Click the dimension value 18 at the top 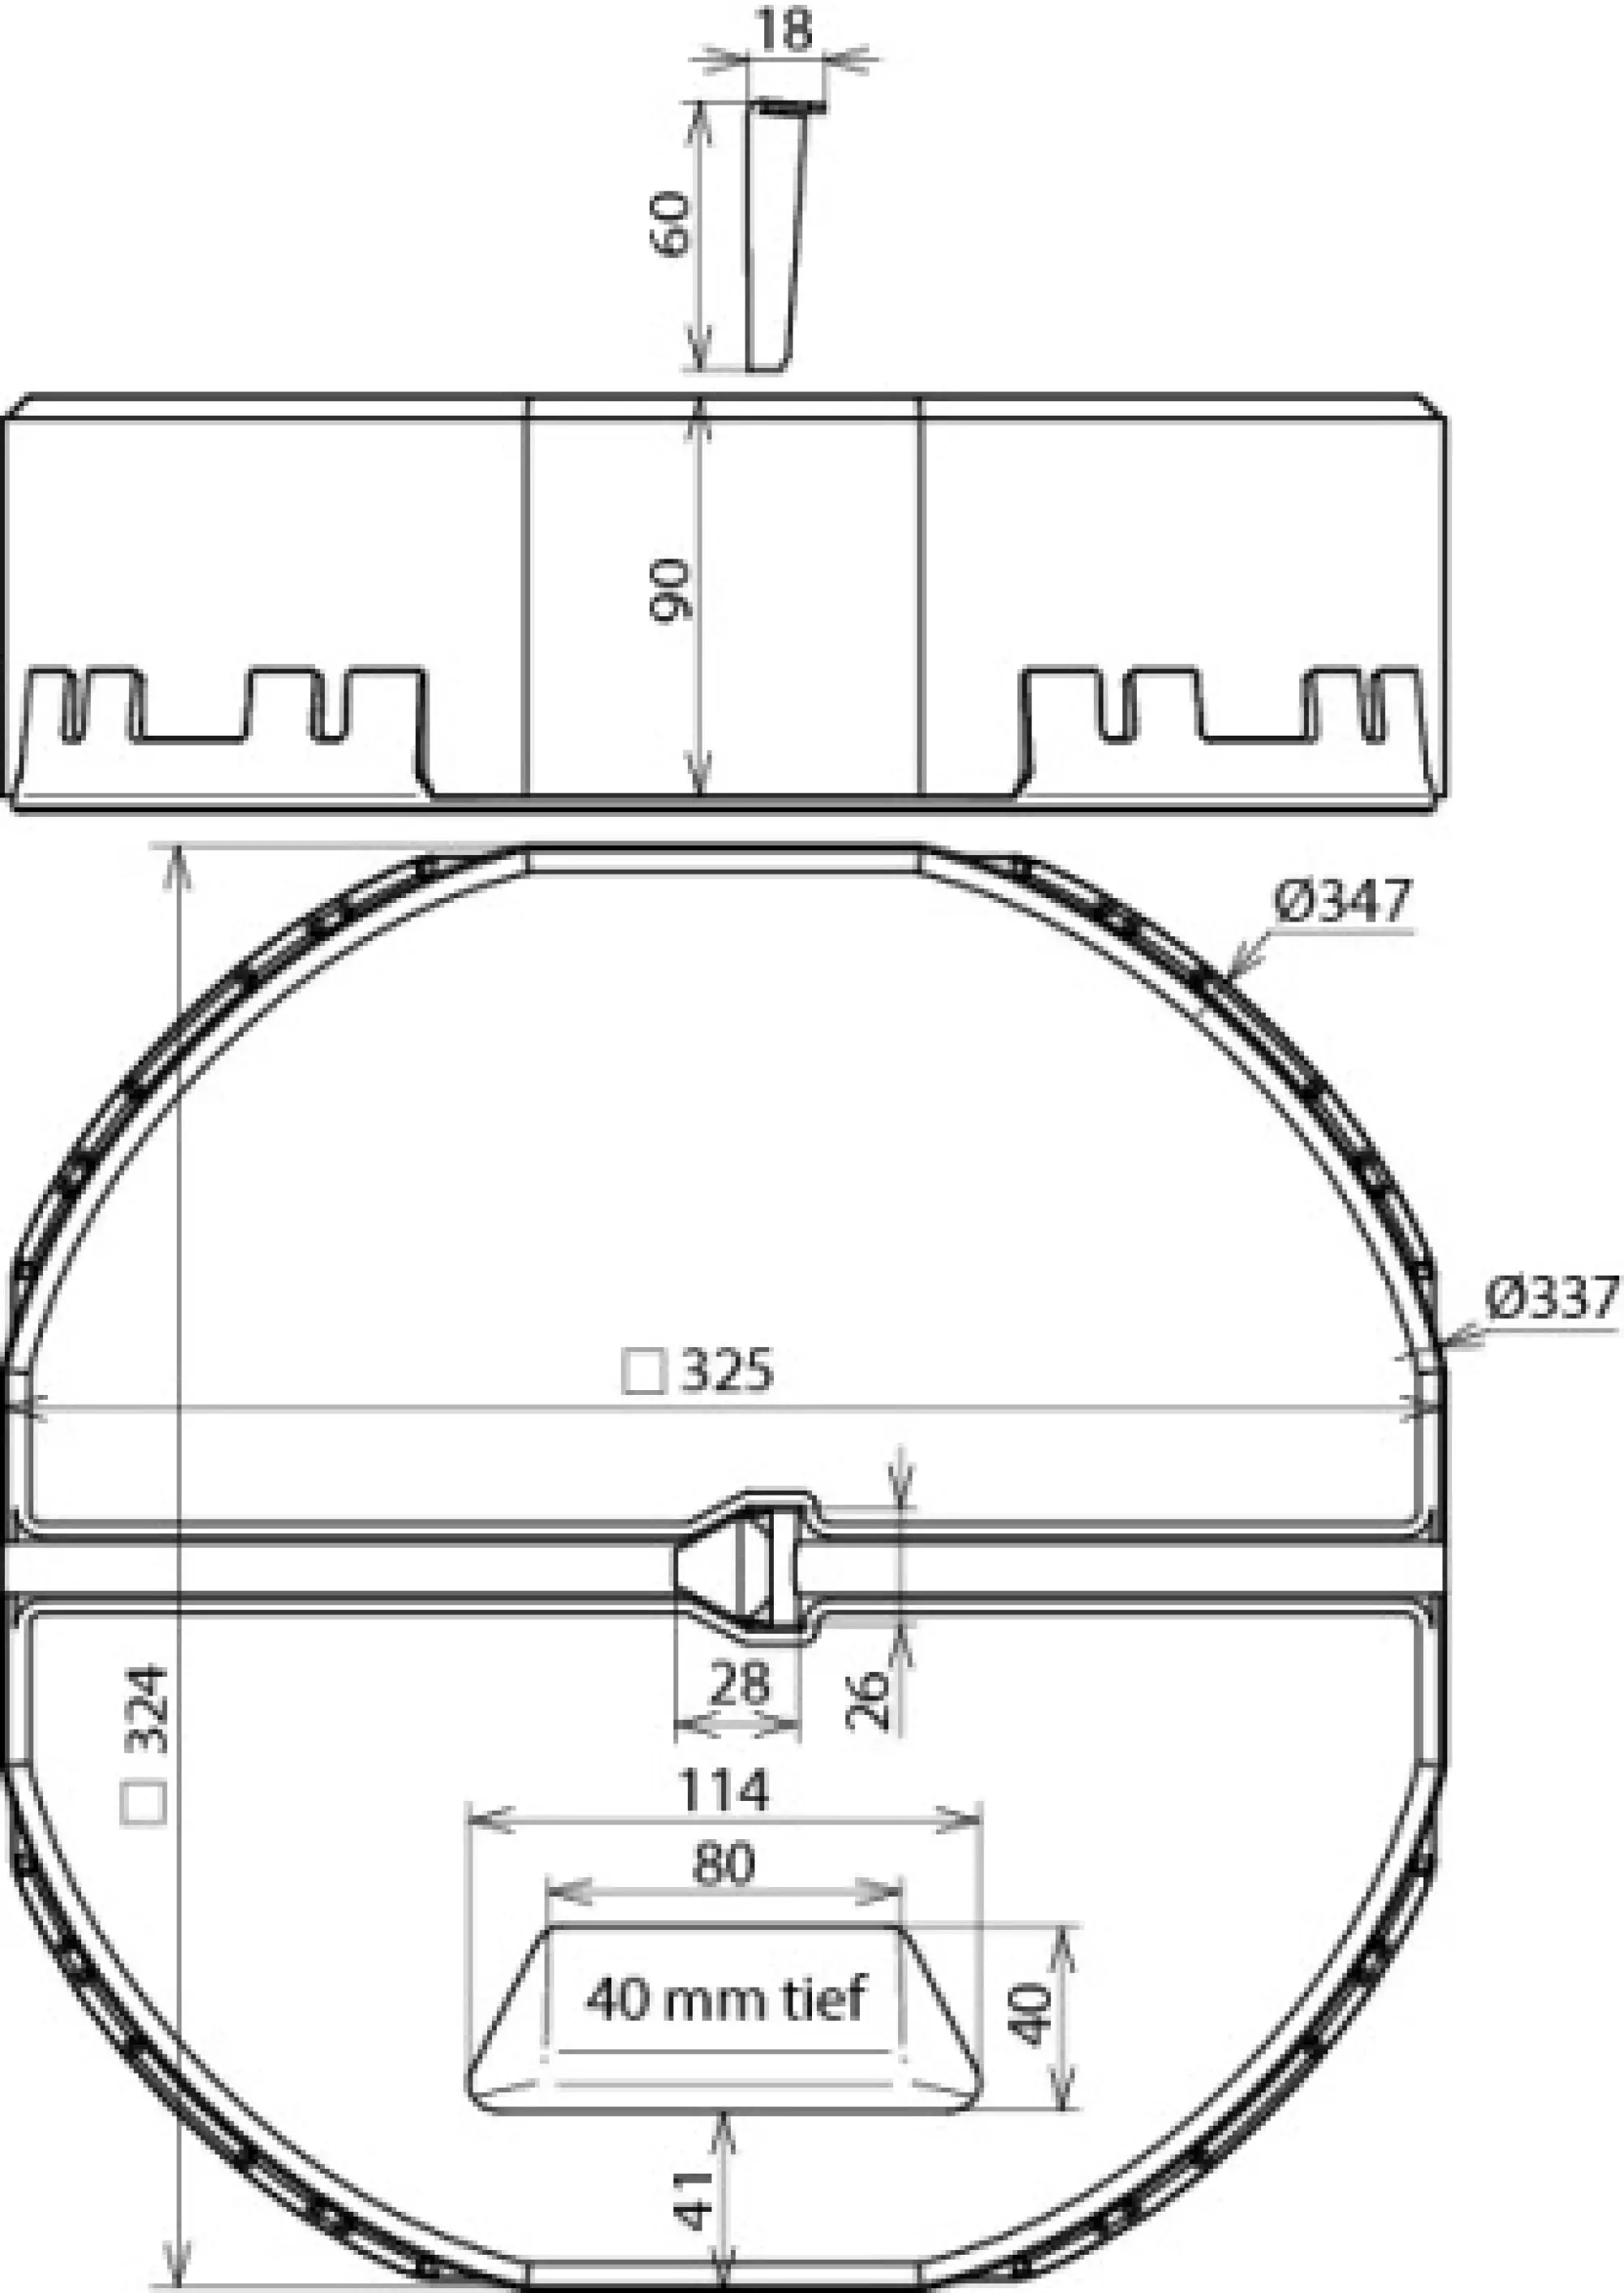tap(786, 29)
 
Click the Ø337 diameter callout tap(1551, 1299)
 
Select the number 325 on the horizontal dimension tap(727, 1371)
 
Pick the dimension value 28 tap(739, 1682)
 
